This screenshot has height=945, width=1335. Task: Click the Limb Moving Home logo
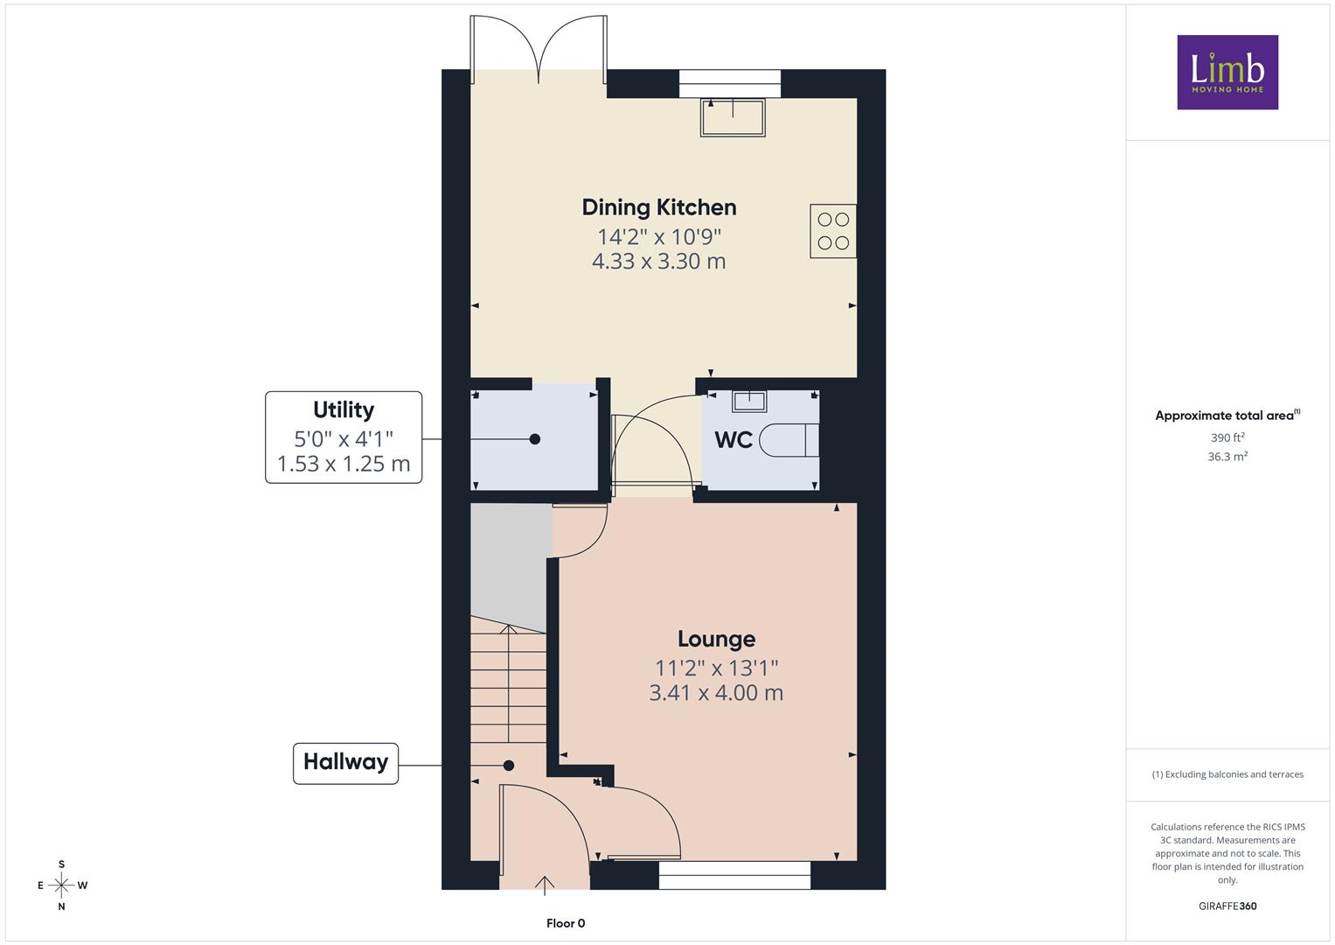tap(1227, 72)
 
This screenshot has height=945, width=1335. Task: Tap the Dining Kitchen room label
tap(659, 207)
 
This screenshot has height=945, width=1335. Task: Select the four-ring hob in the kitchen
tap(833, 231)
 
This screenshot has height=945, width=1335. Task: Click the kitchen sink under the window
tap(733, 117)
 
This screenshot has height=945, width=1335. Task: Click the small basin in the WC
tap(749, 402)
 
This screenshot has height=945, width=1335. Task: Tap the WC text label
tap(734, 439)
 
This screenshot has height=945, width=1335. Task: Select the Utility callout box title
tap(344, 409)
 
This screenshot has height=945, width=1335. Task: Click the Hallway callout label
tap(345, 762)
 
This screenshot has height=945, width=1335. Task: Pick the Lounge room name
tap(716, 639)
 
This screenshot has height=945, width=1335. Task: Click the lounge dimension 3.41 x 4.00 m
tap(716, 693)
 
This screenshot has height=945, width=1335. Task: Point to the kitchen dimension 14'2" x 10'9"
tap(659, 237)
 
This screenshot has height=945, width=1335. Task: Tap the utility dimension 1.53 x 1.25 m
tap(344, 464)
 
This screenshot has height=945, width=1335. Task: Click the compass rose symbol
tap(62, 885)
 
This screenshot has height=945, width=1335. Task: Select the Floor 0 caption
tap(566, 923)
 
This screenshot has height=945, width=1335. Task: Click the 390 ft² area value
tap(1227, 437)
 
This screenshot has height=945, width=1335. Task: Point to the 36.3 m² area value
tap(1227, 457)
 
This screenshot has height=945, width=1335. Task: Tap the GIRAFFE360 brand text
tap(1227, 906)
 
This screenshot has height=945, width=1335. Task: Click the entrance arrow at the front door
tap(544, 885)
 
